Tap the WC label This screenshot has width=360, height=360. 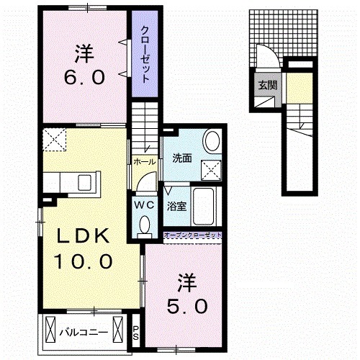[x=143, y=203]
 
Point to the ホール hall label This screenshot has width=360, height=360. [x=143, y=162]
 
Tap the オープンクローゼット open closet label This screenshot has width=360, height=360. [x=193, y=235]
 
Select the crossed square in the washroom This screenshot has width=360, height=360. [x=212, y=168]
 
